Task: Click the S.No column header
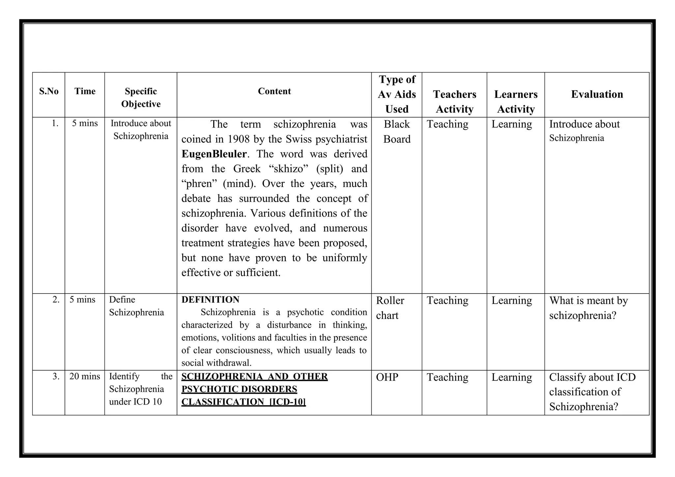pos(49,91)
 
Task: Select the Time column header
pos(85,91)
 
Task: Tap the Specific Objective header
pos(141,98)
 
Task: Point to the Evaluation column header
pos(597,94)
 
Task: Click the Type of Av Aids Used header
pos(397,94)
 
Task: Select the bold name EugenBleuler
pos(214,154)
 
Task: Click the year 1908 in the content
pos(239,139)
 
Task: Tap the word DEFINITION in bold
pos(210,300)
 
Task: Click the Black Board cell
pos(397,131)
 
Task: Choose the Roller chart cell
pos(390,308)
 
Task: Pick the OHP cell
pos(387,377)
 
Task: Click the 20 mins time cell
pos(85,376)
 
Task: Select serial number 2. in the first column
pos(56,300)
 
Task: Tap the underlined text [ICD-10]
pos(287,402)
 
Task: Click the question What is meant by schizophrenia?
pos(588,308)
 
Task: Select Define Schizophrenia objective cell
pos(136,306)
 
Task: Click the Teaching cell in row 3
pos(447,377)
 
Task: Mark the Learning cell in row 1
pos(512,124)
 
